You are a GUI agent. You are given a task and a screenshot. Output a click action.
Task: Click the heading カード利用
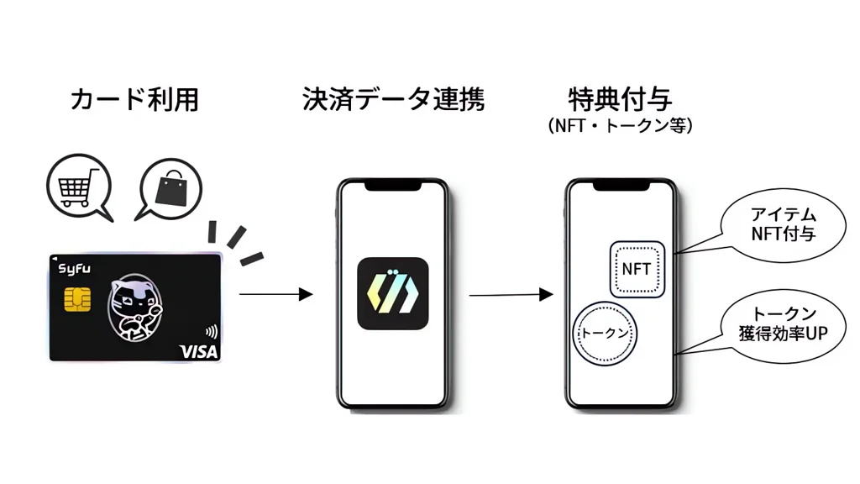[134, 100]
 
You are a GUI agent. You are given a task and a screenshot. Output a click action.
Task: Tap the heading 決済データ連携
[392, 100]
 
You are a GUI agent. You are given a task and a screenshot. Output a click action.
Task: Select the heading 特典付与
[620, 98]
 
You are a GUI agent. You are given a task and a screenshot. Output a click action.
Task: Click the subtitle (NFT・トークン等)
[620, 126]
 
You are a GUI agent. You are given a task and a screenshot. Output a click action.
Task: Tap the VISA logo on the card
[198, 351]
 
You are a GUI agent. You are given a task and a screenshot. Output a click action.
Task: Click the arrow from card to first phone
[275, 294]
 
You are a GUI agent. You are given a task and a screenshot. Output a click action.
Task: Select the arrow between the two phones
[510, 294]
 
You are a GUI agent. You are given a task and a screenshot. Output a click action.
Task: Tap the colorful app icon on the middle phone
[392, 293]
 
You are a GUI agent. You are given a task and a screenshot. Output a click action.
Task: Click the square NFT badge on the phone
[636, 270]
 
